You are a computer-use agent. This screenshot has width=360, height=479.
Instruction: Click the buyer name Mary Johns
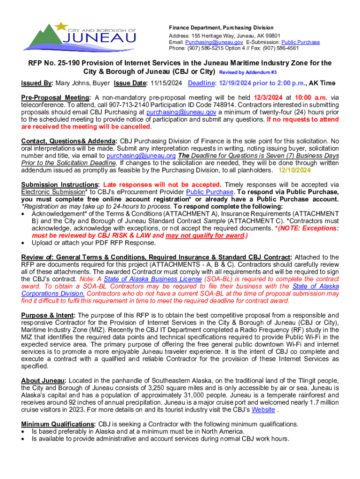pos(72,83)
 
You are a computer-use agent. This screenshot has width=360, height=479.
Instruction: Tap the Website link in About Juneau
pos(263,410)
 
